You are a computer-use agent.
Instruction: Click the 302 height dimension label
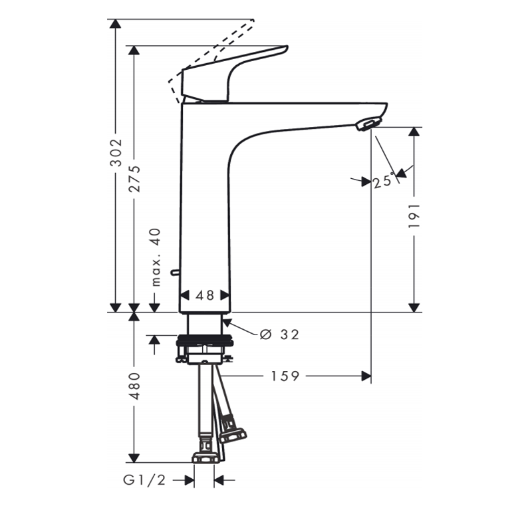116,152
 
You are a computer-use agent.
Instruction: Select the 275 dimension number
134,179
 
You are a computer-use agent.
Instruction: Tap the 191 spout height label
414,216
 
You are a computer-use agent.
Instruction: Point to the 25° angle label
384,180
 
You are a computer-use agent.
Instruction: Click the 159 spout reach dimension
285,376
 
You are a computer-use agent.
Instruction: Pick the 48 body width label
205,295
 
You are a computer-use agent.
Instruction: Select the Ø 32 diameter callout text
279,334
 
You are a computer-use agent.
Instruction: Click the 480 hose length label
134,386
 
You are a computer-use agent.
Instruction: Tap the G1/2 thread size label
144,480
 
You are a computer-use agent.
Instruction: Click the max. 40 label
156,257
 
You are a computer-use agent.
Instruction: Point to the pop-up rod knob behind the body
175,272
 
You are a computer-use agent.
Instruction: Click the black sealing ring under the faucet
205,340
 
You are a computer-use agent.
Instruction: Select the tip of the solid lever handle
286,48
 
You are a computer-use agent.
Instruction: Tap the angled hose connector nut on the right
233,436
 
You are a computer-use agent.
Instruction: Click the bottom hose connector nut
205,458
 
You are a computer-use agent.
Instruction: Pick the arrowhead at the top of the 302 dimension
116,24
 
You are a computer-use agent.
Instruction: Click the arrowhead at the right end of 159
366,376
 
